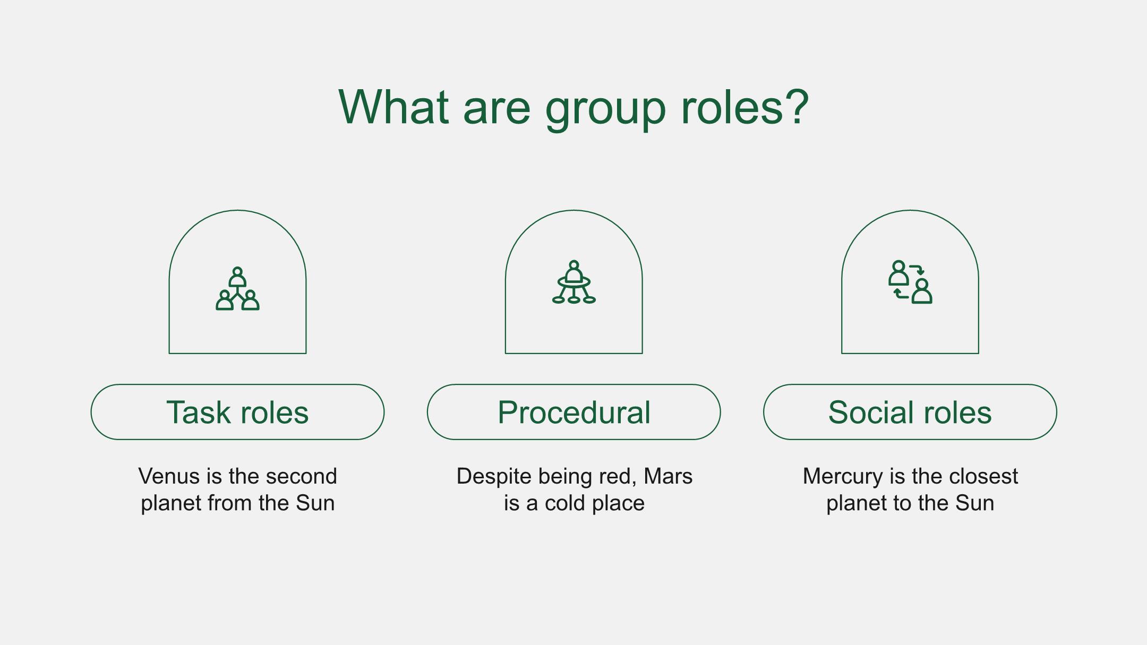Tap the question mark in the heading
tap(795, 106)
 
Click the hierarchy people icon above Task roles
tap(237, 288)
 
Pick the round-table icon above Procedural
tap(574, 282)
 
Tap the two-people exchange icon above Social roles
tap(910, 282)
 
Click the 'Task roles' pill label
tap(237, 412)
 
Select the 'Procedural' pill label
tap(574, 412)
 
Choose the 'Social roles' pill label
tap(910, 412)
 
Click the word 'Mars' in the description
tap(668, 476)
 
